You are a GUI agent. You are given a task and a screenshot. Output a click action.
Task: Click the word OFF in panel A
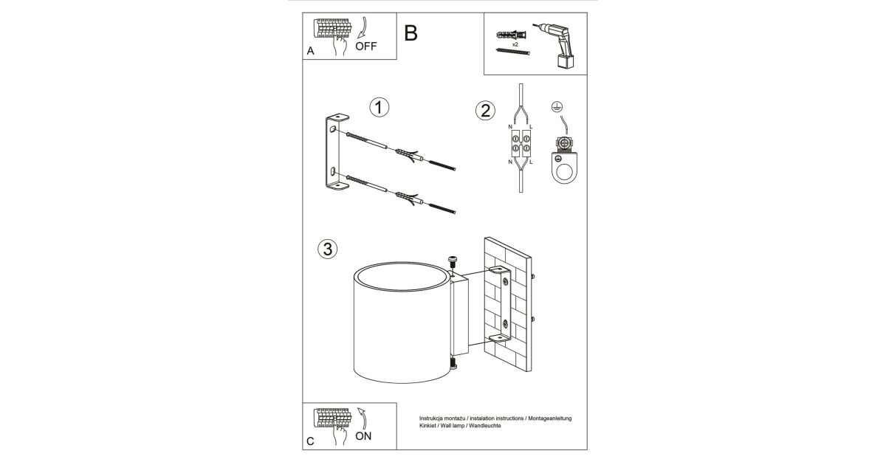pos(365,46)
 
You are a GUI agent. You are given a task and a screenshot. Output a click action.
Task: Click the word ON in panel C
pos(363,435)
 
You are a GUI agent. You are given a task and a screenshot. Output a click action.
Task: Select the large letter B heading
pos(411,32)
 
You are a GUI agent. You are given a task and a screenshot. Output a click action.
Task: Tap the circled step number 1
pos(380,108)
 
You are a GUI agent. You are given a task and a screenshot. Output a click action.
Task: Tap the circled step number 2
pos(484,111)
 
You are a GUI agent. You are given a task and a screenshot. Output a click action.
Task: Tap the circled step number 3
pos(327,249)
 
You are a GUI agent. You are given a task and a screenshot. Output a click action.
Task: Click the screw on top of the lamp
pos(453,261)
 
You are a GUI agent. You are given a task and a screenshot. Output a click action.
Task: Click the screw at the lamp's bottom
pos(453,364)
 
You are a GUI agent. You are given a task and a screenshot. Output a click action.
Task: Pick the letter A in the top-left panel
pos(310,52)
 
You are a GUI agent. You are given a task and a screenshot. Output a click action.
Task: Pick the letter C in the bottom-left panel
pos(310,441)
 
